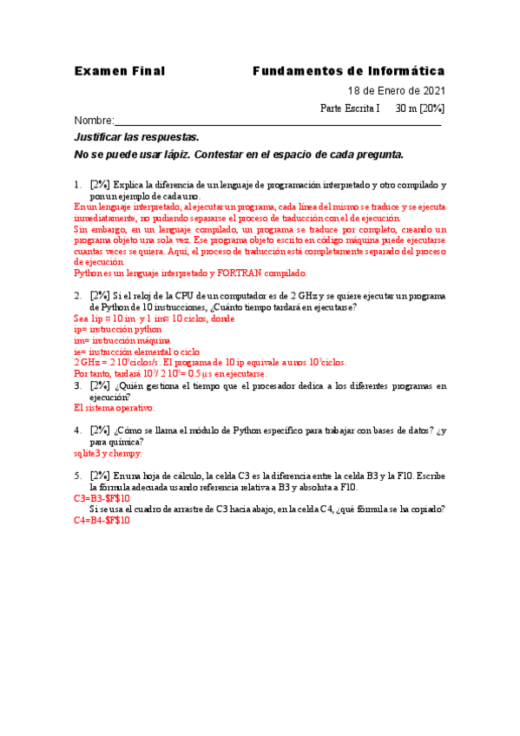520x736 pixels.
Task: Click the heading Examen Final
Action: point(119,70)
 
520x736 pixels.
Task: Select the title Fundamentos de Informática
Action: point(349,70)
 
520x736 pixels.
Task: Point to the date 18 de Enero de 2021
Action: point(397,91)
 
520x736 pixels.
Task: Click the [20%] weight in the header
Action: point(431,108)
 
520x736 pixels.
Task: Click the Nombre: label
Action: point(94,121)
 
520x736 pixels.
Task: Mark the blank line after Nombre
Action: point(278,122)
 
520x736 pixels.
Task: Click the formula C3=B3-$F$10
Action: point(102,498)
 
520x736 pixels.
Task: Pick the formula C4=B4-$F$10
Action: point(102,520)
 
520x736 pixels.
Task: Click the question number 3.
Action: point(77,384)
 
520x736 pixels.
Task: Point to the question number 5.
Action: point(77,476)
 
